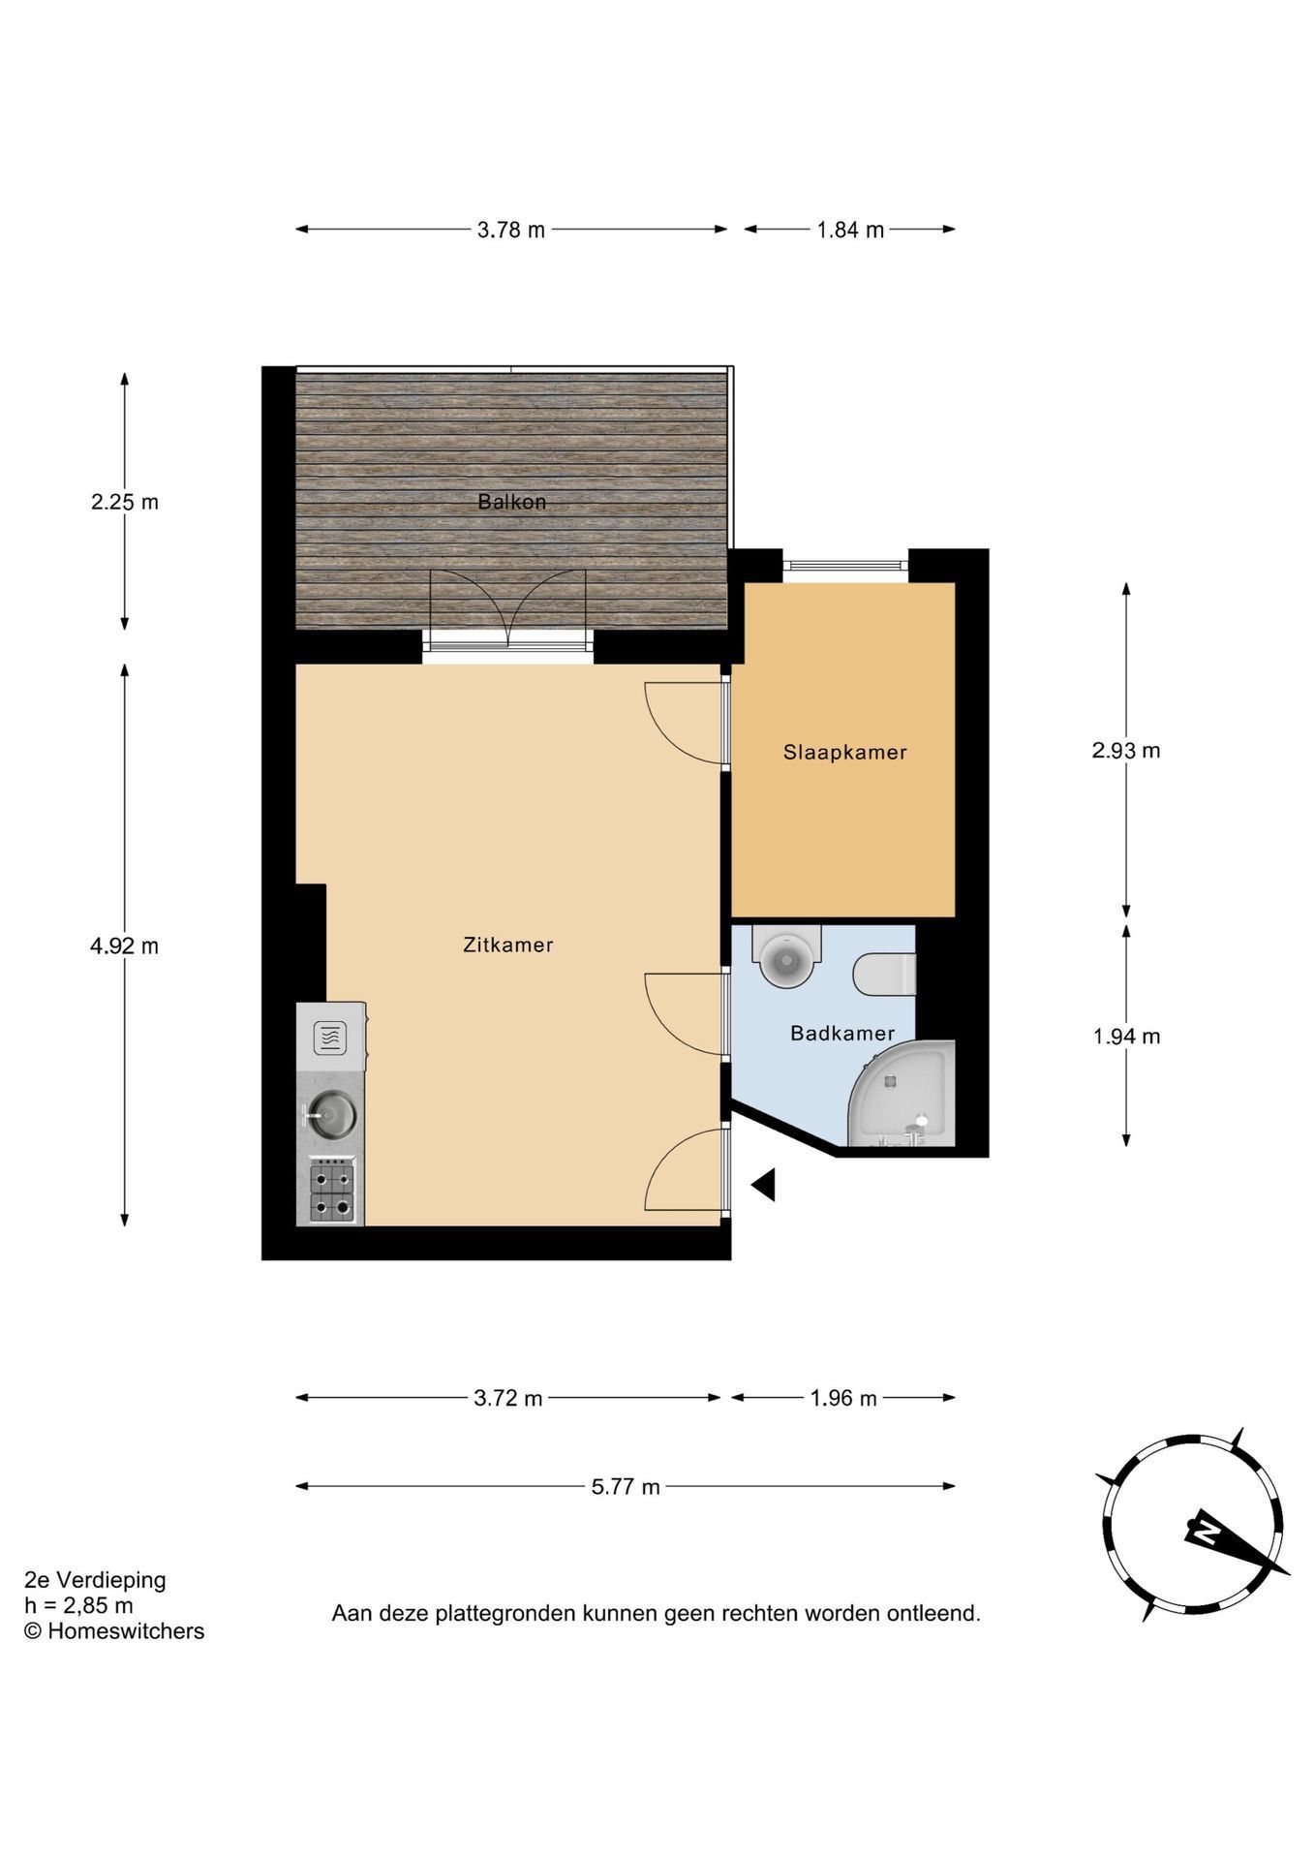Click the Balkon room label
511,502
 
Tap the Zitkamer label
508,945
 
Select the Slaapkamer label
844,752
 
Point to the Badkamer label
842,1033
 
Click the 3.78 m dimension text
511,230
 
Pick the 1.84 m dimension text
850,230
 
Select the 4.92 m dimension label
124,945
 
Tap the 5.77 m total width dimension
626,1486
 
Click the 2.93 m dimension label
1125,750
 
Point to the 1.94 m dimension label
1126,1036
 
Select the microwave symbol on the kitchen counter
330,1038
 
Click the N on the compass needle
1206,1531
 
